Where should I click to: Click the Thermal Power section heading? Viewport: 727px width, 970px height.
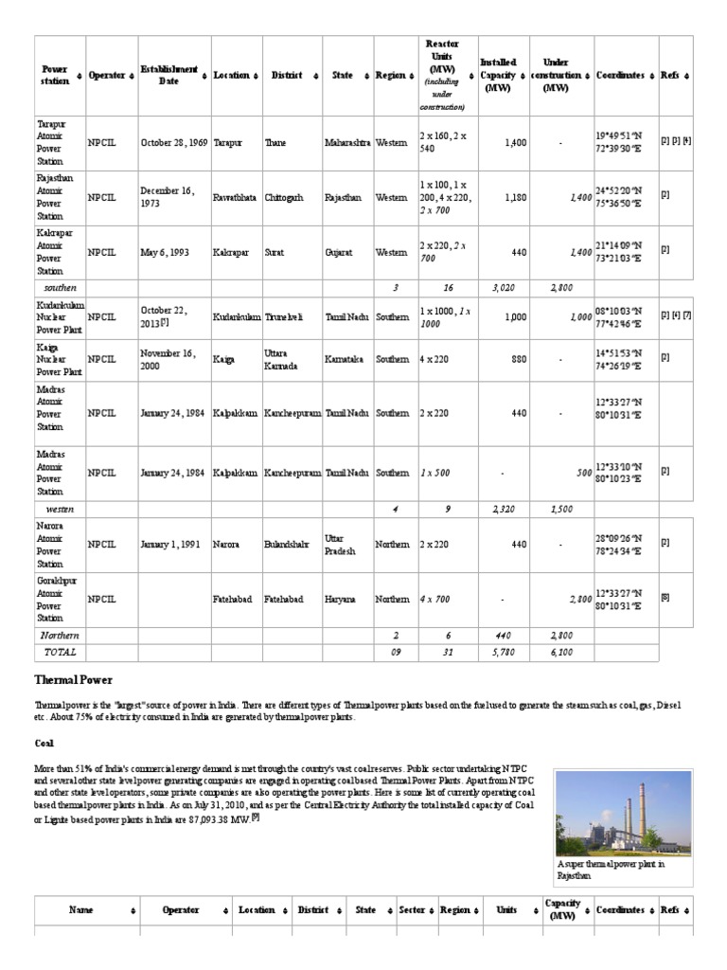pos(75,680)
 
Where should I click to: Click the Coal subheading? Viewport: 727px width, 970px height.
pos(44,744)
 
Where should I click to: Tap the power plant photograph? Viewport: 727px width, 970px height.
pos(623,813)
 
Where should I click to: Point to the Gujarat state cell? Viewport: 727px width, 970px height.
pos(342,253)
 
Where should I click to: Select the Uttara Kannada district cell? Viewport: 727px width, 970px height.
pos(284,359)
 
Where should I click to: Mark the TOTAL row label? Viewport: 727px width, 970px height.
pos(61,652)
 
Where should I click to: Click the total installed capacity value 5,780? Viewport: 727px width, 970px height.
pos(503,652)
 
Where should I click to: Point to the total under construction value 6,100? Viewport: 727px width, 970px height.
pos(560,652)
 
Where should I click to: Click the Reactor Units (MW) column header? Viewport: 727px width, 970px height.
pos(442,75)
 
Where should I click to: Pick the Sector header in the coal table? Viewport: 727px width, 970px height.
pos(411,909)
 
